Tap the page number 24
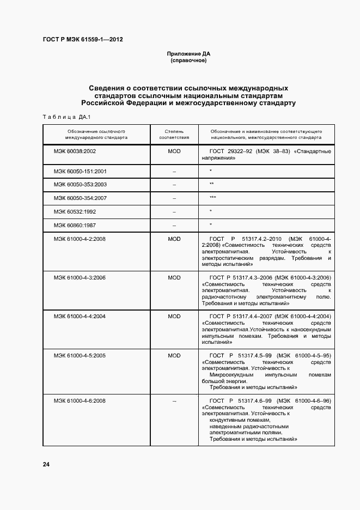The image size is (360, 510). click(46, 464)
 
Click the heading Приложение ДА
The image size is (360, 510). click(188, 54)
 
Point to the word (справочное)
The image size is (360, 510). click(188, 60)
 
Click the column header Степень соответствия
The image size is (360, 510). click(174, 135)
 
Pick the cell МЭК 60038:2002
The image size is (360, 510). click(75, 150)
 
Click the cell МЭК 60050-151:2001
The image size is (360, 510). click(80, 171)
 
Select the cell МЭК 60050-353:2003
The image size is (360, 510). click(80, 185)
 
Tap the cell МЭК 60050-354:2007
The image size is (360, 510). click(80, 198)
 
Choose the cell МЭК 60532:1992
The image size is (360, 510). click(75, 211)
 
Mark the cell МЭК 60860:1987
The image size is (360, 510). click(75, 224)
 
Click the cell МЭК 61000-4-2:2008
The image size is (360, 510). click(80, 239)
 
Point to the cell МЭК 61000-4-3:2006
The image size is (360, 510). click(80, 277)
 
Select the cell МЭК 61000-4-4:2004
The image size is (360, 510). click(80, 316)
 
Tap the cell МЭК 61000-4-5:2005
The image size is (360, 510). click(80, 355)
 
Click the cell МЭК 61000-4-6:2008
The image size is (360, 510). click(80, 400)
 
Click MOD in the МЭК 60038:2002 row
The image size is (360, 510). click(174, 150)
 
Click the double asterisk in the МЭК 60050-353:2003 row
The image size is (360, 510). click(211, 185)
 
